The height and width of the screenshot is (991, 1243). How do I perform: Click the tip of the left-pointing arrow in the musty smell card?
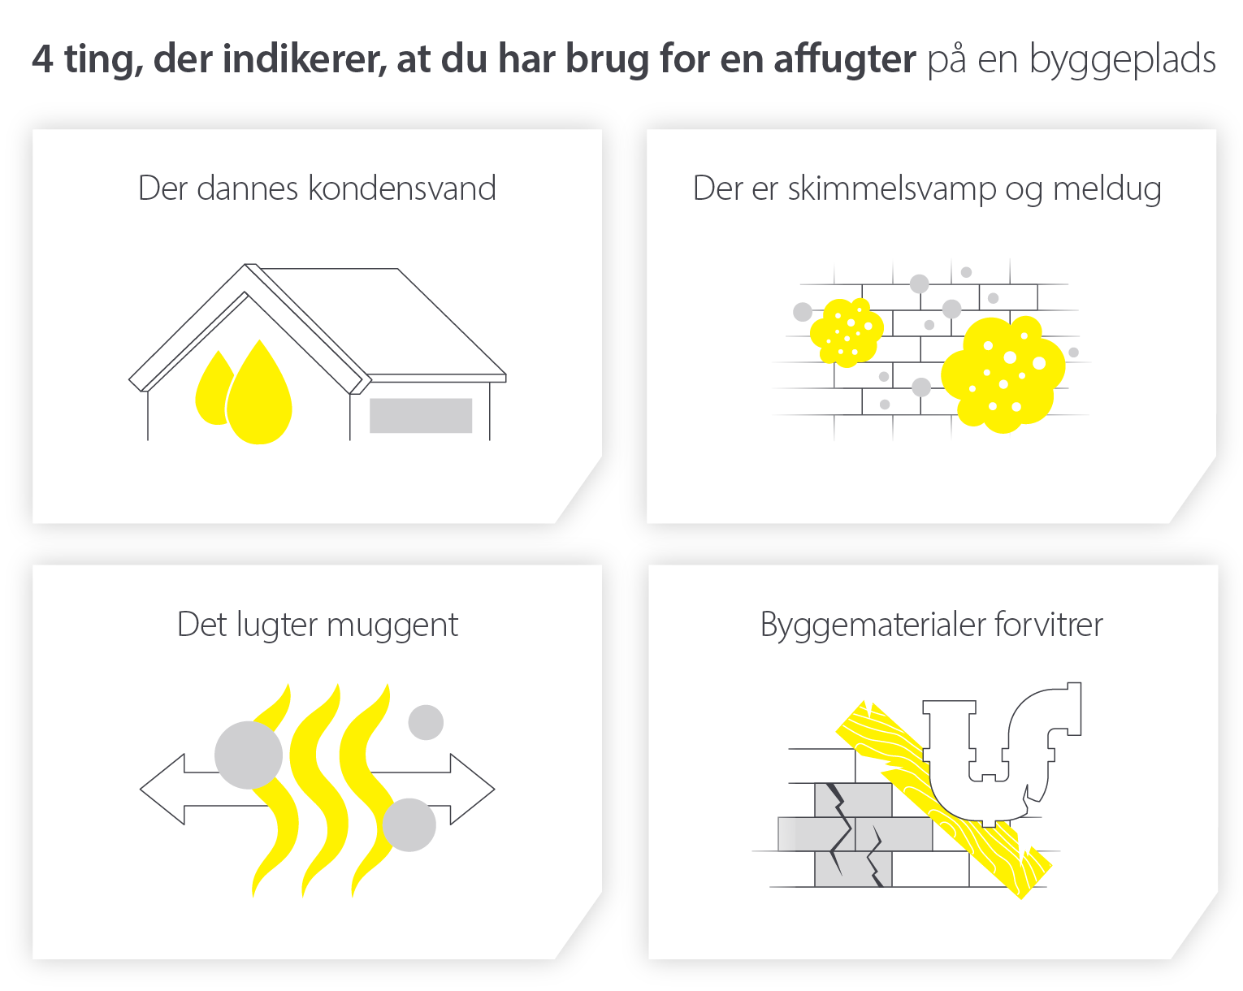pos(141,788)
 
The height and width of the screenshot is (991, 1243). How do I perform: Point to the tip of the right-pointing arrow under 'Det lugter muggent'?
pos(495,788)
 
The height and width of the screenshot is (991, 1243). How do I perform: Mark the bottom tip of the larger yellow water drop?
pos(259,444)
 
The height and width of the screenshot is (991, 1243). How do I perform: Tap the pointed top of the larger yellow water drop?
pos(259,340)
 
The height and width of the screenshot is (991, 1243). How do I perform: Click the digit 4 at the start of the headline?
pos(42,59)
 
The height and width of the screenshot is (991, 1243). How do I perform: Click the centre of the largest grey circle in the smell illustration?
pos(249,755)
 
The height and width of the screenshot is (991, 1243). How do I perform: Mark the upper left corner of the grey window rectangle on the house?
pos(370,399)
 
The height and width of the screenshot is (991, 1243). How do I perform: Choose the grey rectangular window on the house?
pos(421,415)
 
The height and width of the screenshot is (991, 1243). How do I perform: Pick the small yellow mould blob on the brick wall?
pos(847,332)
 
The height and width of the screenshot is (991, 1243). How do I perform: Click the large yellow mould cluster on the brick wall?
pos(1003,374)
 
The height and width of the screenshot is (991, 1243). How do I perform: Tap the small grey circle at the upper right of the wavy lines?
pos(426,722)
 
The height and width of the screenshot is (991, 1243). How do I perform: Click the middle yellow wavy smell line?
pos(318,790)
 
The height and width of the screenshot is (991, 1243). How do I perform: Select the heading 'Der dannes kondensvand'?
pos(317,188)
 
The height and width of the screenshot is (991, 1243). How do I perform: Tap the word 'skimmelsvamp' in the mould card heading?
pos(892,189)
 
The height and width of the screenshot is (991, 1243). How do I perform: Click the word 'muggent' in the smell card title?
pos(392,625)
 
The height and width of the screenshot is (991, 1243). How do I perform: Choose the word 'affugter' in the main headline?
pos(844,59)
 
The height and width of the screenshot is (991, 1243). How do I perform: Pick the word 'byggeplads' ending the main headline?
pos(1122,59)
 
